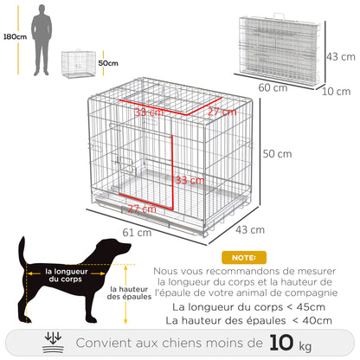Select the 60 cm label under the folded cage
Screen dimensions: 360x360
coord(273,87)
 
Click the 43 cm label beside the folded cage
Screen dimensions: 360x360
coord(338,55)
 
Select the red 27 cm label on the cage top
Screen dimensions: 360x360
coord(222,112)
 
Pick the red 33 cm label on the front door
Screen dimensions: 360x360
coord(190,180)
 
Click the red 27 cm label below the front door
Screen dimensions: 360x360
coord(142,209)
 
